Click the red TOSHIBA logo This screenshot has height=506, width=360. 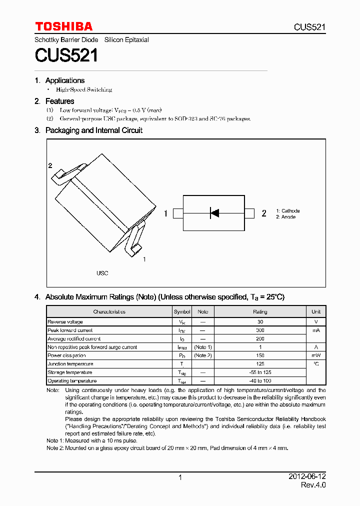click(x=63, y=26)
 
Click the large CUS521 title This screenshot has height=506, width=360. click(x=66, y=55)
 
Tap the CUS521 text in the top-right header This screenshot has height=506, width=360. click(x=309, y=27)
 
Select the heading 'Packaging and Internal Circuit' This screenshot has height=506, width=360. click(x=93, y=130)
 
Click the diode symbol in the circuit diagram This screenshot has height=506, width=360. click(x=214, y=213)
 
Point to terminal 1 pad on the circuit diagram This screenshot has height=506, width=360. click(x=178, y=214)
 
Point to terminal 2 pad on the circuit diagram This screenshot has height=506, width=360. click(x=249, y=214)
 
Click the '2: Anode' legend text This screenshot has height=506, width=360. click(x=285, y=217)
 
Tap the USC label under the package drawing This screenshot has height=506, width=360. click(x=102, y=273)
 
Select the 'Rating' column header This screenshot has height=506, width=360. click(x=260, y=311)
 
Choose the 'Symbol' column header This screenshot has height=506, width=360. click(x=182, y=311)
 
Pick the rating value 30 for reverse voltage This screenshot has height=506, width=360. click(x=260, y=322)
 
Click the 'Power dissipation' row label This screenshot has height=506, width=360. click(x=66, y=355)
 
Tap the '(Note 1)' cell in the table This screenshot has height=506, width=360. click(x=203, y=347)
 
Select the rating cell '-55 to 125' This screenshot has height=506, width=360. click(x=260, y=372)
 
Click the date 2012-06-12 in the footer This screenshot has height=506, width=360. click(x=307, y=477)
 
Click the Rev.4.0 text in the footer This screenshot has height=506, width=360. click(x=313, y=485)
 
